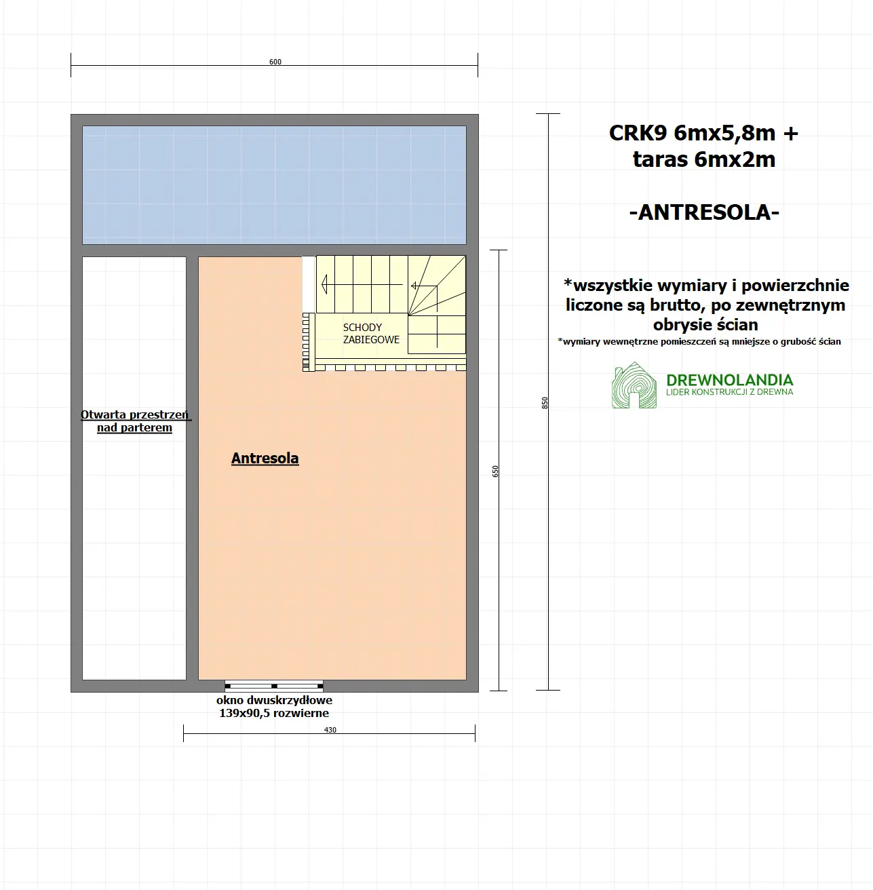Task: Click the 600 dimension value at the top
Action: coord(275,62)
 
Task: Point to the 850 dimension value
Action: coord(545,402)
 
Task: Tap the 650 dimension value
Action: coord(495,471)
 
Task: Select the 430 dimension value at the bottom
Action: coord(330,730)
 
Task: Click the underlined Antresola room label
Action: coord(265,459)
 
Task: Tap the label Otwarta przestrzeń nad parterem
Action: coord(135,421)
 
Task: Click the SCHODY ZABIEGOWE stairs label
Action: coord(371,333)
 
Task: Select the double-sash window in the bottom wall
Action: coord(274,685)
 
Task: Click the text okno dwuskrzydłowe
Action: coord(274,700)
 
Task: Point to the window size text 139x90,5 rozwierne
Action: coord(274,713)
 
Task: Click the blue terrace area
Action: coord(274,185)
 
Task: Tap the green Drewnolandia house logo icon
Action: coord(634,387)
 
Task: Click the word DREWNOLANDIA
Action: coord(729,380)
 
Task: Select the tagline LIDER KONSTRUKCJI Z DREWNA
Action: coord(729,392)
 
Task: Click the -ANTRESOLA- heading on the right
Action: coord(704,212)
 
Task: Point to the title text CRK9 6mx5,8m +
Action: coord(703,133)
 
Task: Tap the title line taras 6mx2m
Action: coord(703,159)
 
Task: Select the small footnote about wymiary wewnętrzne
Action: coord(699,342)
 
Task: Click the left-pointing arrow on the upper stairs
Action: coord(325,282)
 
